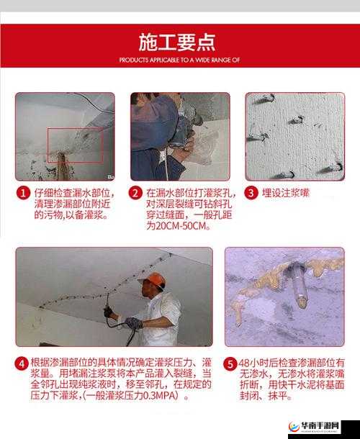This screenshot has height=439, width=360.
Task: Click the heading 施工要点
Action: (x=179, y=42)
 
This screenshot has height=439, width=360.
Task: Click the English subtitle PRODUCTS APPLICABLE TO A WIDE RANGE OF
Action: (x=179, y=60)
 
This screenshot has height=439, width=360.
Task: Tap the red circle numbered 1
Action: (x=23, y=193)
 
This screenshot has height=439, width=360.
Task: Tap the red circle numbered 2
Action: (x=135, y=193)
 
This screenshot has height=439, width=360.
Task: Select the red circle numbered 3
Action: (x=251, y=193)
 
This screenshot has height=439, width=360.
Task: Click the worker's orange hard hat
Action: (x=152, y=280)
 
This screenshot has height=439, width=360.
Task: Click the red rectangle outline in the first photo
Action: (x=75, y=144)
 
